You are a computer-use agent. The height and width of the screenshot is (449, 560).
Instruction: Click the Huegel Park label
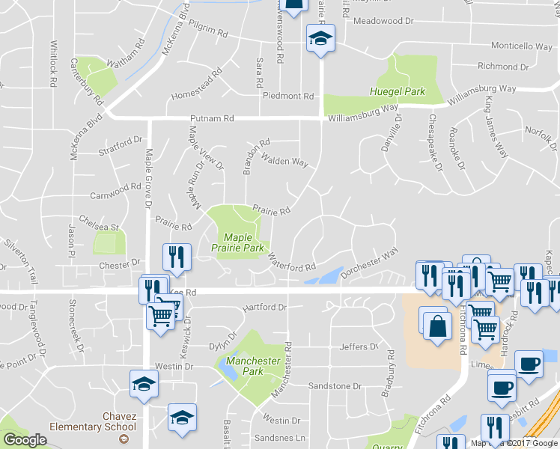click(x=397, y=92)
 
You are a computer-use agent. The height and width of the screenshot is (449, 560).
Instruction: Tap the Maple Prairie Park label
click(x=237, y=242)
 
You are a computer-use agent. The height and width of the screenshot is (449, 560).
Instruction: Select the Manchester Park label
click(x=255, y=366)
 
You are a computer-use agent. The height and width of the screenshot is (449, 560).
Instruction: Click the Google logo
click(x=25, y=440)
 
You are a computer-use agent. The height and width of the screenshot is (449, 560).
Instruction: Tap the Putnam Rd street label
click(x=212, y=118)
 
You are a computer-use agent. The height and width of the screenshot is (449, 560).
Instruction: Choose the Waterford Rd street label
click(x=292, y=266)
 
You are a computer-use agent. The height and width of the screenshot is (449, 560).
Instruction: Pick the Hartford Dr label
click(x=264, y=307)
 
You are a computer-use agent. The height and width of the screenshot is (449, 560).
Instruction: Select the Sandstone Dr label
click(x=335, y=386)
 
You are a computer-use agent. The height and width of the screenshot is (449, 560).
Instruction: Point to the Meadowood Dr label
click(x=383, y=22)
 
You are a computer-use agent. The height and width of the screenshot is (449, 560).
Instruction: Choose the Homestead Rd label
click(x=197, y=85)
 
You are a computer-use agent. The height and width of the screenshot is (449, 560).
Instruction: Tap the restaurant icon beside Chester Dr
click(x=177, y=257)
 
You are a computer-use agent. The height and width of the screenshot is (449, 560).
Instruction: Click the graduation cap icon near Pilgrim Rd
click(x=320, y=38)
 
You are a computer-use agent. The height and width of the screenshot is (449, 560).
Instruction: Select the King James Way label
click(x=495, y=126)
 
